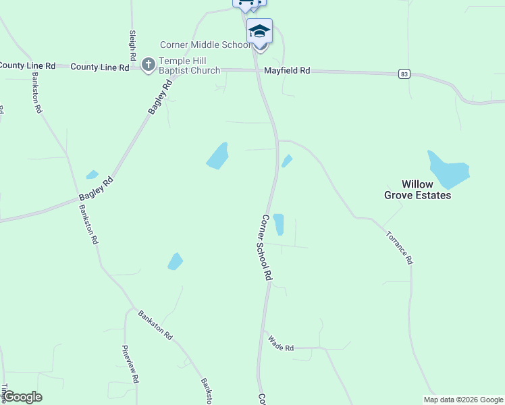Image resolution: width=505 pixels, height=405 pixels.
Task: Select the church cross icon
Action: (149, 65)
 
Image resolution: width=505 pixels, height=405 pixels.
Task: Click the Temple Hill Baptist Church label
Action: (189, 65)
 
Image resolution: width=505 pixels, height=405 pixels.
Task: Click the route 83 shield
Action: (404, 73)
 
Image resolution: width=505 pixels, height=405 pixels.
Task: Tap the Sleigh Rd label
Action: (132, 42)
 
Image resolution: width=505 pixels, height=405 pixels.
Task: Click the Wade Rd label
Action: (281, 344)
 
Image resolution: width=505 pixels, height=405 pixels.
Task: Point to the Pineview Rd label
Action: (130, 364)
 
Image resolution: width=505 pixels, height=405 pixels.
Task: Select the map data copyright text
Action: (464, 400)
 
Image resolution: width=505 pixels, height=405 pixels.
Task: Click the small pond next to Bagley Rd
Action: (92, 175)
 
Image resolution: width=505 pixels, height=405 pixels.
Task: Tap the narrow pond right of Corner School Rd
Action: (278, 224)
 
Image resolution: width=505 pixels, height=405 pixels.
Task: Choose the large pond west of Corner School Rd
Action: (217, 156)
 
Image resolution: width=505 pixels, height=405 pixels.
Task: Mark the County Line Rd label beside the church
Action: (99, 67)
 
